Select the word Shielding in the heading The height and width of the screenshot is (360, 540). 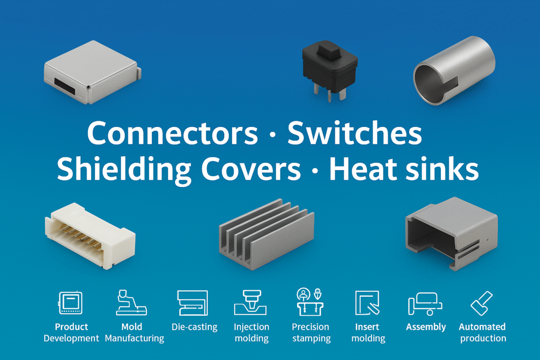[x=124, y=170]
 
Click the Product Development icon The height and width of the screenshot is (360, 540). [x=71, y=304]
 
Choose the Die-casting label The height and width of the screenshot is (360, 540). [x=194, y=327]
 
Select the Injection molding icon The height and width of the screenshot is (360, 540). [x=251, y=304]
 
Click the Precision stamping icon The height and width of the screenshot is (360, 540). [x=310, y=304]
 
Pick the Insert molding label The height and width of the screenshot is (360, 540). [x=368, y=333]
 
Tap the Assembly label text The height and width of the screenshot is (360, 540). [x=426, y=327]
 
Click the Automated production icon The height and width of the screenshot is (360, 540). [x=481, y=304]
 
